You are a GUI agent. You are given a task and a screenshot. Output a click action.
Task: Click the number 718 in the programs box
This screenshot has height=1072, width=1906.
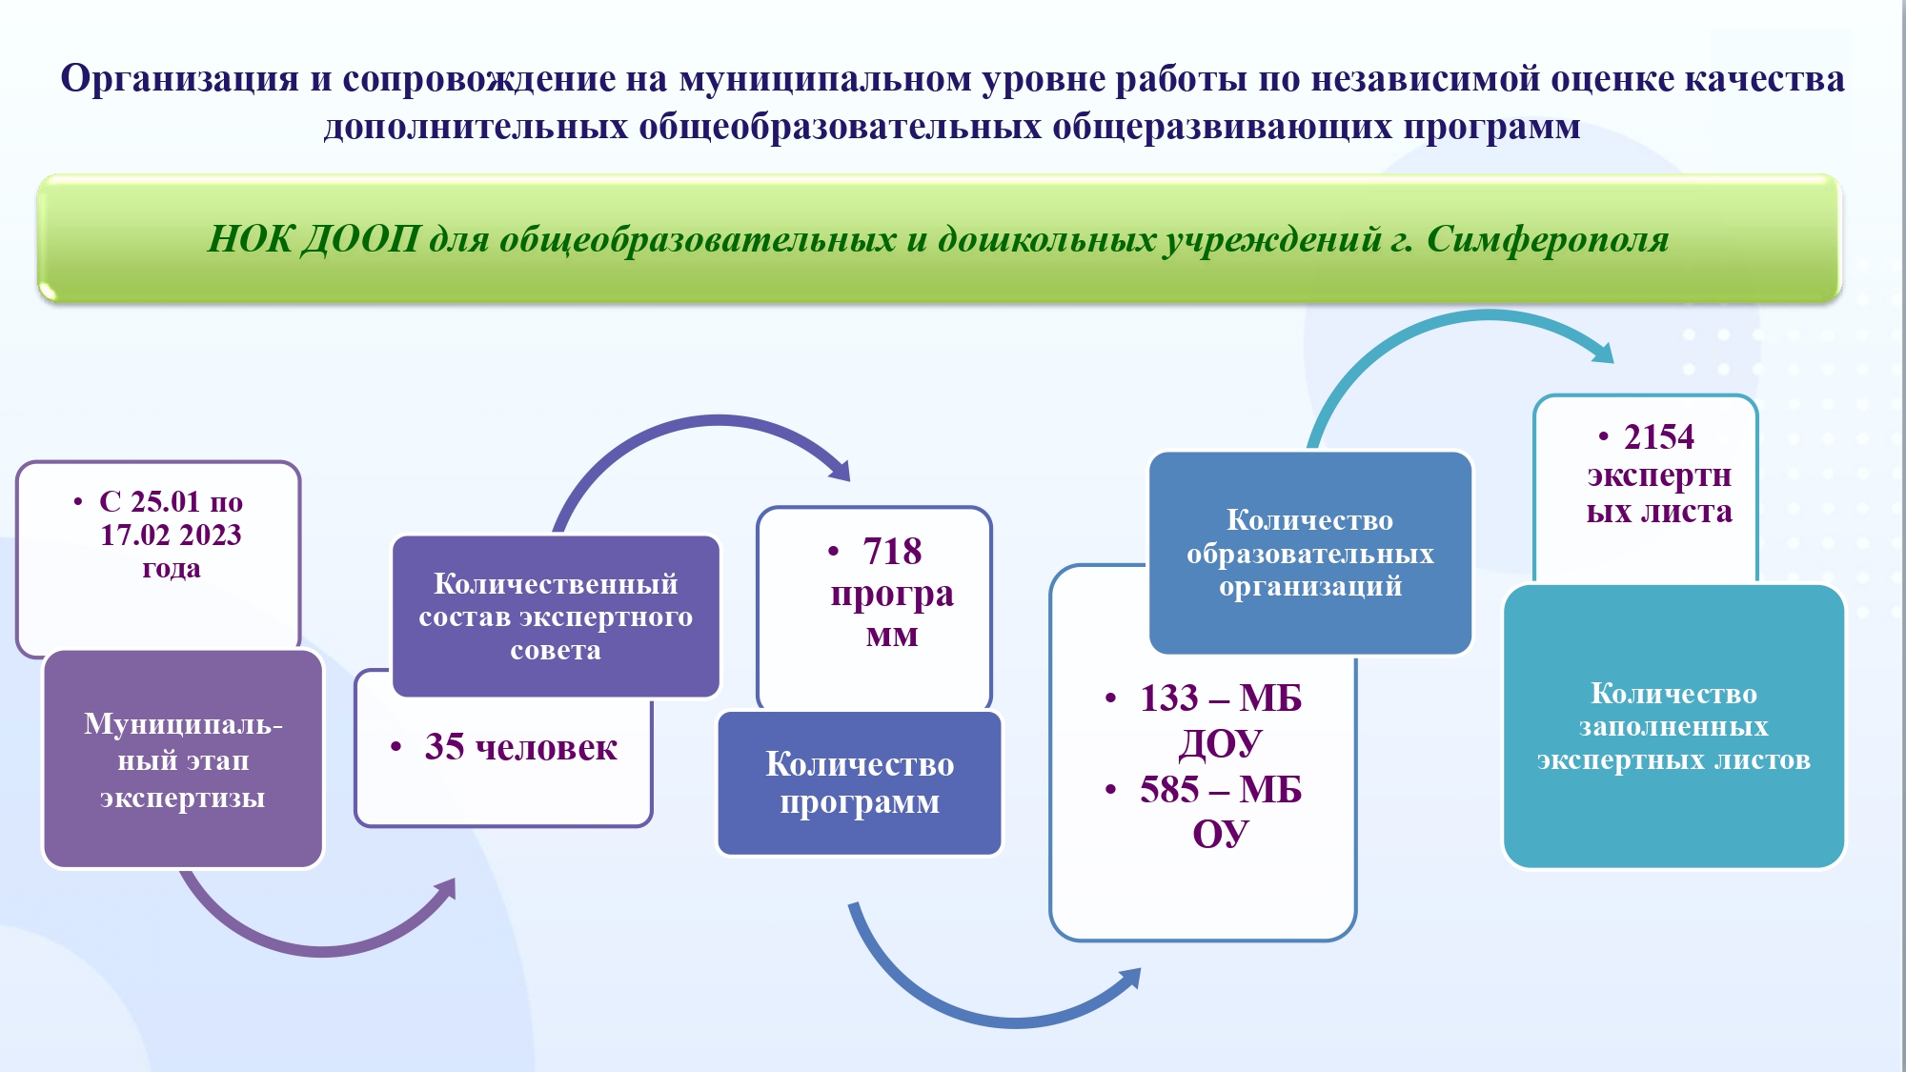(x=892, y=551)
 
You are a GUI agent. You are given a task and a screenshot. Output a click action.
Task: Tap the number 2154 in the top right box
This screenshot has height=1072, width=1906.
(x=1659, y=436)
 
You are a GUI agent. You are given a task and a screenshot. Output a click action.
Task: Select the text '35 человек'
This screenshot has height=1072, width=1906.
(x=520, y=747)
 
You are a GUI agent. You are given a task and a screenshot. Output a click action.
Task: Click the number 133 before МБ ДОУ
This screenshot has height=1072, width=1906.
(x=1169, y=698)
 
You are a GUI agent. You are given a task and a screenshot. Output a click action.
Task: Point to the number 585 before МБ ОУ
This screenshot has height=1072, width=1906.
(x=1169, y=789)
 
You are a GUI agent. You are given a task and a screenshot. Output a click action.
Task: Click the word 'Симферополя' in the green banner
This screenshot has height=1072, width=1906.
(x=1548, y=239)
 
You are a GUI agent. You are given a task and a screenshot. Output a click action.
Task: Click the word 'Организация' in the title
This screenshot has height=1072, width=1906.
(x=180, y=78)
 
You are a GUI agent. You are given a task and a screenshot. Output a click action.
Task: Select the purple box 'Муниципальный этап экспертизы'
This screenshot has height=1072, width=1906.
(x=184, y=759)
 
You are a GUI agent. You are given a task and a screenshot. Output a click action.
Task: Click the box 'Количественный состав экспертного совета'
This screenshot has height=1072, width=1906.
(x=556, y=617)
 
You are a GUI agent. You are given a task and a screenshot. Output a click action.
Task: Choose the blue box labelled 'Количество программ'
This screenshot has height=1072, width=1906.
(x=860, y=783)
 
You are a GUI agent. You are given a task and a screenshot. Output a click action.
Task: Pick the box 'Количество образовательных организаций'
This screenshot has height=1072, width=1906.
(x=1310, y=553)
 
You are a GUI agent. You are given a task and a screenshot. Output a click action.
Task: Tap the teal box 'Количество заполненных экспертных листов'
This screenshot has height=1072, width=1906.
(x=1673, y=726)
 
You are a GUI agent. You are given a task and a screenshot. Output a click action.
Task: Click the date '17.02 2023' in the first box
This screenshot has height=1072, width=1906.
(x=172, y=535)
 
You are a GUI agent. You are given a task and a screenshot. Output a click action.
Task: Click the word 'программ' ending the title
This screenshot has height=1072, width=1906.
(x=1491, y=126)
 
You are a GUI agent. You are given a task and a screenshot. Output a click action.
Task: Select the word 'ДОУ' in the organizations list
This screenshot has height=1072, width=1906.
(x=1220, y=744)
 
